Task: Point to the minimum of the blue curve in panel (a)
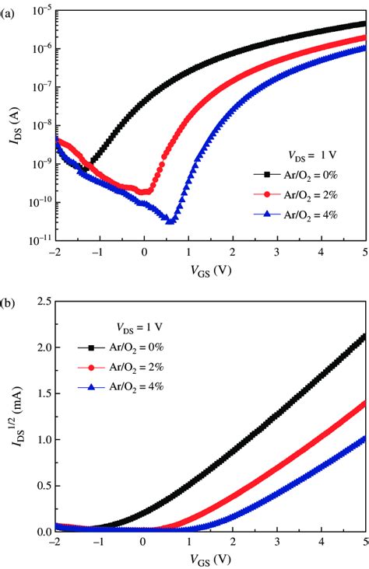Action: coord(169,222)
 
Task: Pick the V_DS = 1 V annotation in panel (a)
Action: coord(305,154)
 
